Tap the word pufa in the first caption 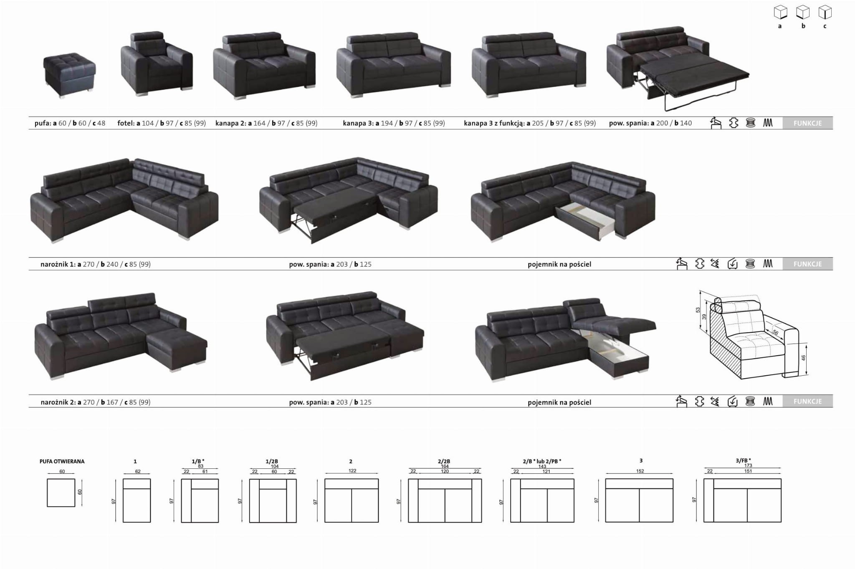tap(43, 124)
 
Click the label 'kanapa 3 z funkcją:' tap(494, 123)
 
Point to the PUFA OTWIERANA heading tap(62, 461)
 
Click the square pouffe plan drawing tap(61, 493)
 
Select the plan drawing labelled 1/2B tap(273, 501)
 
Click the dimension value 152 tap(640, 471)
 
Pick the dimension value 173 tap(748, 465)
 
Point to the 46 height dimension tap(804, 358)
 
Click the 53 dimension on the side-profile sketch tap(698, 310)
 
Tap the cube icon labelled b tap(803, 13)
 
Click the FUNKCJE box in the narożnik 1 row tap(807, 264)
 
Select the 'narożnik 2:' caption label tap(58, 402)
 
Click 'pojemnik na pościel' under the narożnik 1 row tap(559, 264)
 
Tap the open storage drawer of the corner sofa tap(585, 221)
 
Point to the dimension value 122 tap(352, 471)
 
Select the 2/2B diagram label tap(444, 461)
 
